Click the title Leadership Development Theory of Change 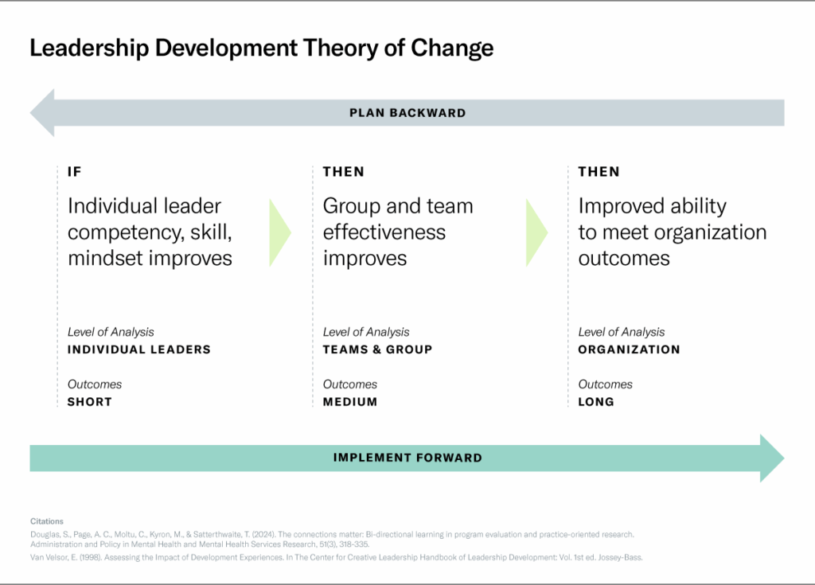tap(261, 48)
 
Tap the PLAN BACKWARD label tap(407, 113)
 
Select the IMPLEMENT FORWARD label tap(407, 458)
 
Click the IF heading tap(75, 172)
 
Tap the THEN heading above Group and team tap(343, 172)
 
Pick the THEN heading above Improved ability tap(599, 172)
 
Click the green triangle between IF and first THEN tap(280, 232)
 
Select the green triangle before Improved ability tap(536, 232)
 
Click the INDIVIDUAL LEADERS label tap(139, 349)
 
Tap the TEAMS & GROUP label tap(377, 349)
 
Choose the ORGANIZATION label tap(629, 349)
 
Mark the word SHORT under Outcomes tap(90, 402)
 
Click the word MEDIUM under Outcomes tap(350, 402)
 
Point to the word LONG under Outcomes tap(596, 402)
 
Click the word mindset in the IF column tap(104, 259)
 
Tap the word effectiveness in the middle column tap(384, 232)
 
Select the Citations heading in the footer tap(46, 521)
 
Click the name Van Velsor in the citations tap(47, 557)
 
